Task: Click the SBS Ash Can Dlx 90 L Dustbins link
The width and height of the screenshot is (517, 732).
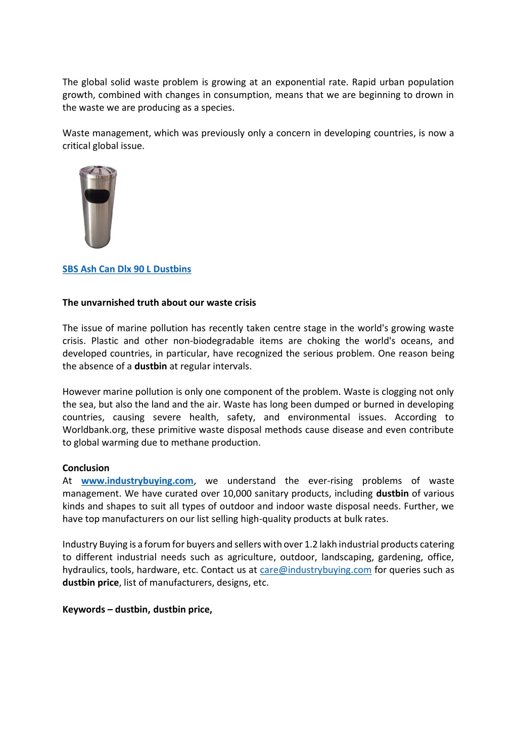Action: (127, 269)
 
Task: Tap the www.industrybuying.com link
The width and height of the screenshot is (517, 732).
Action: (137, 481)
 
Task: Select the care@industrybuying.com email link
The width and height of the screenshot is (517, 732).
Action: (315, 570)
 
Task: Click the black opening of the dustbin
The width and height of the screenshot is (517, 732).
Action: (97, 196)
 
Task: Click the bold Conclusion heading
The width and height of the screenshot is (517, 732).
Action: (86, 468)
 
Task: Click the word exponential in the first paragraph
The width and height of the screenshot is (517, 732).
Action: (300, 82)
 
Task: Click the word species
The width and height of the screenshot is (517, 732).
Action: (217, 108)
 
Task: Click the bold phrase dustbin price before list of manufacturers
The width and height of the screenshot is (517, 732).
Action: (90, 582)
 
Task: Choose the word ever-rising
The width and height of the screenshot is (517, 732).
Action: (331, 481)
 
